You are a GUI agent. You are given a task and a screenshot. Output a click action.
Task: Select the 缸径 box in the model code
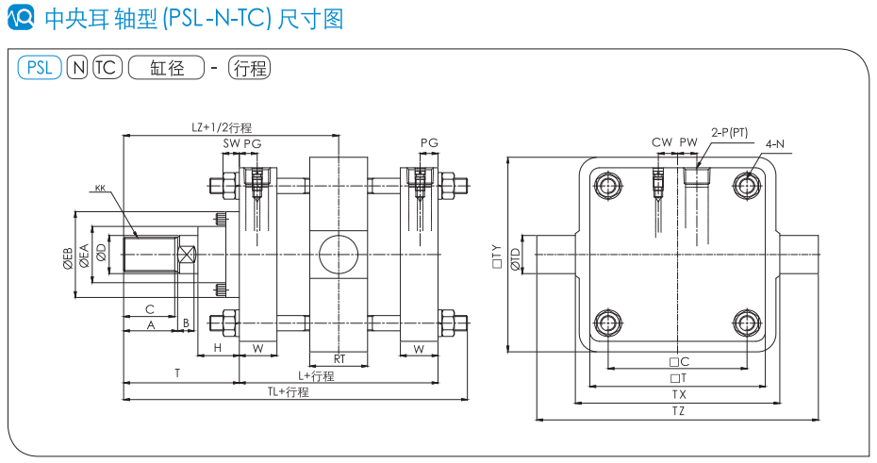[167, 67]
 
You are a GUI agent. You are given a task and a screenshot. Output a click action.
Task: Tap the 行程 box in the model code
[250, 67]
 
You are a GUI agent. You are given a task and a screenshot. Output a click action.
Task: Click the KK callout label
[100, 189]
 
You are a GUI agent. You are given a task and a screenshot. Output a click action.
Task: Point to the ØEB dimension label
[68, 256]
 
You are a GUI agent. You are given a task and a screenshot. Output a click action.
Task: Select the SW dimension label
[230, 142]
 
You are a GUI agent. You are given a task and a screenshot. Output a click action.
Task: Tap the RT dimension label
[339, 358]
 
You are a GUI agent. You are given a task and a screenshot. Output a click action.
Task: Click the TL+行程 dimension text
[288, 391]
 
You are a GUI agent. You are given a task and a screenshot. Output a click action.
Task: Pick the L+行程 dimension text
[316, 375]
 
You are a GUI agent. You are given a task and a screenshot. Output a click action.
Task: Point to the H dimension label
[218, 349]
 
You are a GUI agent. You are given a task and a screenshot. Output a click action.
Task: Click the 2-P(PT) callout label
[729, 132]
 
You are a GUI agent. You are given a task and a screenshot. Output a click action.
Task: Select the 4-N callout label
[775, 143]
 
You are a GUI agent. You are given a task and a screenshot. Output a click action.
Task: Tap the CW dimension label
[662, 142]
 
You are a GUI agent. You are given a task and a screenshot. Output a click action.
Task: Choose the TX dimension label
[678, 394]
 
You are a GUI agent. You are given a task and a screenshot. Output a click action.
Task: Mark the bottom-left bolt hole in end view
[609, 322]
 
